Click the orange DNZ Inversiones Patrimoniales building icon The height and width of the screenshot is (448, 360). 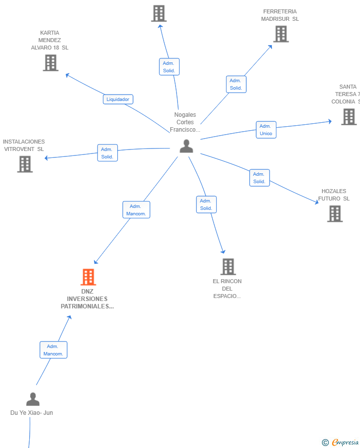[88, 277]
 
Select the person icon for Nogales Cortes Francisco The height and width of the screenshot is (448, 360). [186, 146]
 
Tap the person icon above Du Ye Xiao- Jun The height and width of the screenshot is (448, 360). [33, 399]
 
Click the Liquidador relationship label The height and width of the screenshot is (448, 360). [118, 100]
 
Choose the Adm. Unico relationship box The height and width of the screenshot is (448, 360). [266, 130]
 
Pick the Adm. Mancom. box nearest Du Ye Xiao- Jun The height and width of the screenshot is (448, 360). [53, 350]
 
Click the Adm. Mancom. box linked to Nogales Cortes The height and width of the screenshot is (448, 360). [136, 210]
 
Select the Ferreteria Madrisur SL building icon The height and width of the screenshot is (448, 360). [281, 34]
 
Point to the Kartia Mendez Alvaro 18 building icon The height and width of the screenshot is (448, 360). [51, 63]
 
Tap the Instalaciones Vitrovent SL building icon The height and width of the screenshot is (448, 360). [25, 164]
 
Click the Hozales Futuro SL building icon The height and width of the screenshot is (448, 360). [335, 214]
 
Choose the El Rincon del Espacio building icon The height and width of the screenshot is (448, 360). [228, 266]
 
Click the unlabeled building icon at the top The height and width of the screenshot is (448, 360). [159, 13]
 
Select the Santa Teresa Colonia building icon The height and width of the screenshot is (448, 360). [349, 117]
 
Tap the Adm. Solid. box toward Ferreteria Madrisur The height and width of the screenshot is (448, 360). [236, 84]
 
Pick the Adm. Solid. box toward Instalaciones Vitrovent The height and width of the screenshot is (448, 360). [107, 153]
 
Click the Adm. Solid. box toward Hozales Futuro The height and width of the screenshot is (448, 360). [260, 178]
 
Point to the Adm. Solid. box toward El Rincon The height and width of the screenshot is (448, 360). [206, 204]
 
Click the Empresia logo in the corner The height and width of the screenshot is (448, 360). [340, 442]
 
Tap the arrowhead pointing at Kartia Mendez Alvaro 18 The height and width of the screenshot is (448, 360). [67, 75]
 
